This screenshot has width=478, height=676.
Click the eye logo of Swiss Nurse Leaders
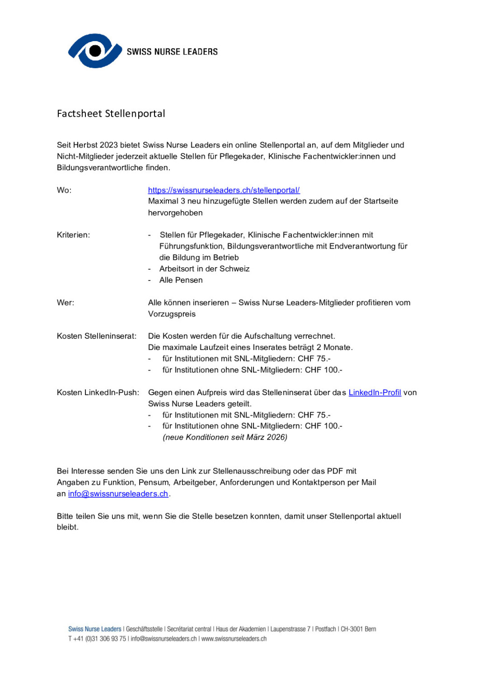pos(95,50)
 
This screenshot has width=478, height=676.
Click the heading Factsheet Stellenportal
pos(111,113)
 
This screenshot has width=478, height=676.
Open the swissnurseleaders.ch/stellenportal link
pos(224,190)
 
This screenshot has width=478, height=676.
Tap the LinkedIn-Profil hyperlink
pos(374,392)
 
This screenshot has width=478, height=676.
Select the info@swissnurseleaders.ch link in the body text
pos(118,494)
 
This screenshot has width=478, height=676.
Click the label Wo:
pos(64,190)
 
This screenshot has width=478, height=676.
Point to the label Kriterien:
pos(73,235)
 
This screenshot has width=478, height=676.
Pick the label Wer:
pos(65,302)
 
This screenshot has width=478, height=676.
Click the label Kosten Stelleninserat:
pos(97,336)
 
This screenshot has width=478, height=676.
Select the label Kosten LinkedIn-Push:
pos(98,392)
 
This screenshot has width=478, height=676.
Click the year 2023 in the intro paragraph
pos(109,145)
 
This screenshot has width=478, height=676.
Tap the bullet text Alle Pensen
pos(181,280)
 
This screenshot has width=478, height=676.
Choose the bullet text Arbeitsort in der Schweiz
pos(204,269)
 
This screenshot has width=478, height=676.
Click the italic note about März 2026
pos(225,437)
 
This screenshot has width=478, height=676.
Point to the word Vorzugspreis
pos(172,314)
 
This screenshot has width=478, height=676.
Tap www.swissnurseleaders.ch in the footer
pos(234,639)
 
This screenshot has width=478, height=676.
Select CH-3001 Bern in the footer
pos(358,629)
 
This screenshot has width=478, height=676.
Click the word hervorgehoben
pos(175,213)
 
